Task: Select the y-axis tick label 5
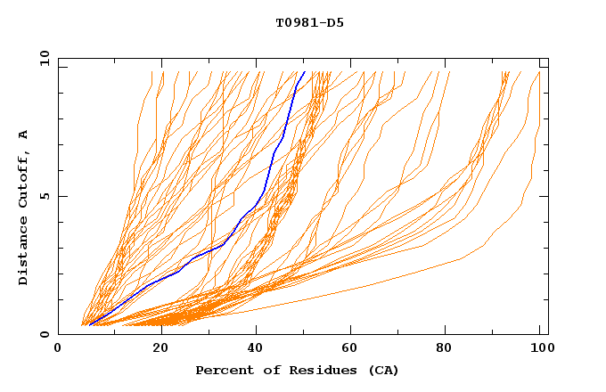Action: pos(45,196)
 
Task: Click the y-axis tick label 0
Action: pos(45,334)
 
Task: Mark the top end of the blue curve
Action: pos(304,72)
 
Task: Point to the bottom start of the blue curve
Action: pos(90,325)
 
